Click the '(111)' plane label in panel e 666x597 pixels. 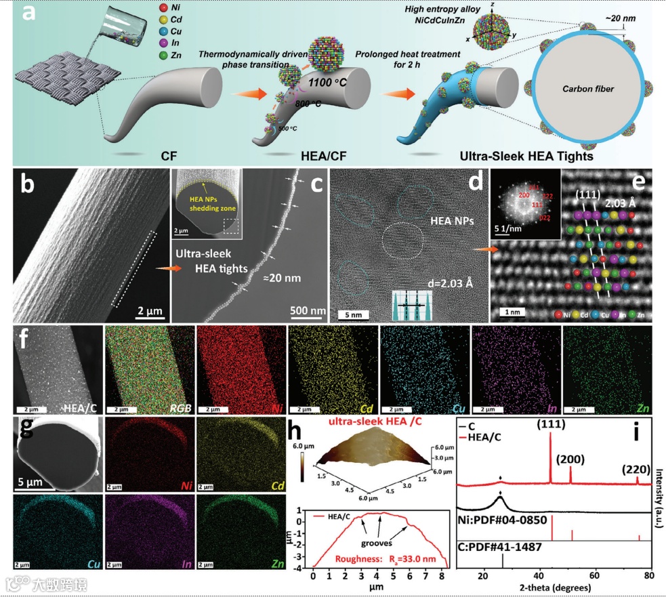pyautogui.click(x=587, y=194)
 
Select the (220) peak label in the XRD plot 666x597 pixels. pyautogui.click(x=635, y=469)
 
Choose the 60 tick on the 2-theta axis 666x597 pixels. pyautogui.click(x=596, y=576)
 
